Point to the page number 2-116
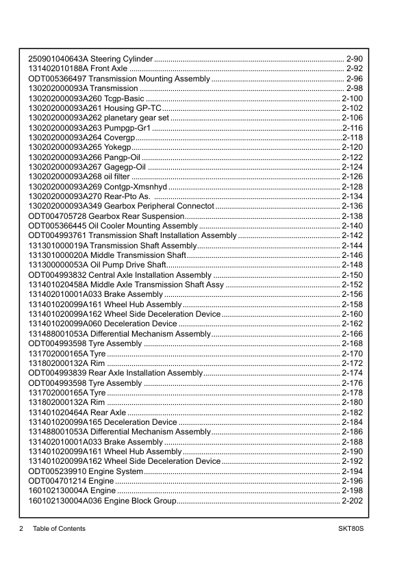(x=352, y=128)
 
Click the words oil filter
(x=106, y=176)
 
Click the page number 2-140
(x=352, y=226)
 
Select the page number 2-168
(x=352, y=343)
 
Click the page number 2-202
(x=352, y=501)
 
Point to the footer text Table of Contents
(x=59, y=529)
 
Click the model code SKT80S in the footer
(x=350, y=529)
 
